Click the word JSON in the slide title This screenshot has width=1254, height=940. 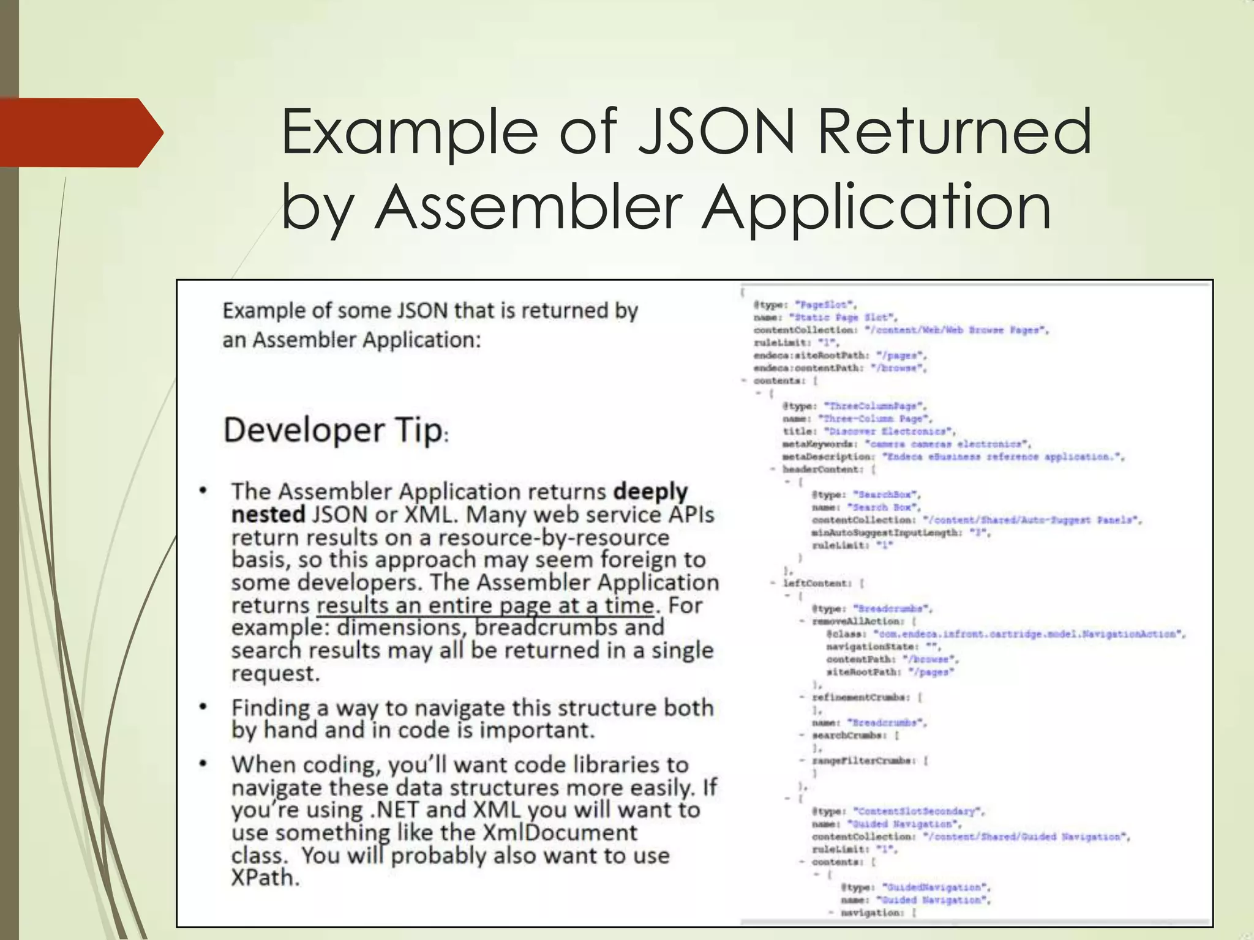[716, 132]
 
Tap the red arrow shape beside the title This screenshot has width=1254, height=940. [80, 132]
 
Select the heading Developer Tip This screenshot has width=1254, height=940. [333, 430]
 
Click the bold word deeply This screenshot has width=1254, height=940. [650, 491]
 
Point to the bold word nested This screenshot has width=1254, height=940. [268, 514]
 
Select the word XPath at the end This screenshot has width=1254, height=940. [265, 878]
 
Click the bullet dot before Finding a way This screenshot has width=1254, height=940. [203, 707]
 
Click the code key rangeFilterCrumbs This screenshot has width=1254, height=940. [864, 761]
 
